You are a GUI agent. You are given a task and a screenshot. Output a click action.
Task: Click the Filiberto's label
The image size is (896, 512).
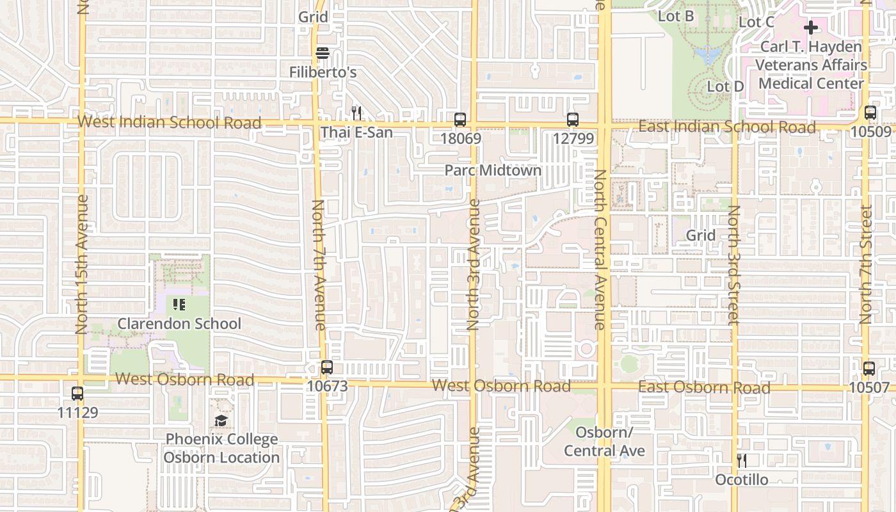tap(323, 72)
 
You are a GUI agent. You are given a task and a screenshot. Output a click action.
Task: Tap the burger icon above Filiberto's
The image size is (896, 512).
tap(323, 53)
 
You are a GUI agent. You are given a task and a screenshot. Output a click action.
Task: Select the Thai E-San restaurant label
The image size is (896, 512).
tap(356, 132)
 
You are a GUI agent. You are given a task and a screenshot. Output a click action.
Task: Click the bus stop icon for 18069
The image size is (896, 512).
tap(460, 120)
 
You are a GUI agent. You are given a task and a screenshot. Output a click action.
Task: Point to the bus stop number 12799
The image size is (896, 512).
tap(573, 138)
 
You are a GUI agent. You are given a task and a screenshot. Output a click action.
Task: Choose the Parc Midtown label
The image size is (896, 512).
tap(493, 170)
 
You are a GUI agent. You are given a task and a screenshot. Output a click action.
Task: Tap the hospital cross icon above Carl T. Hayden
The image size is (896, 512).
tap(811, 28)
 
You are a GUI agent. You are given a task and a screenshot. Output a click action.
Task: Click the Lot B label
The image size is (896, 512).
tap(676, 16)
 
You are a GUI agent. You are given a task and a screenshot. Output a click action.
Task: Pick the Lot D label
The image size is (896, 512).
tap(725, 86)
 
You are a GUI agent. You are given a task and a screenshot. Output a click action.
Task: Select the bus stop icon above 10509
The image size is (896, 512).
tap(870, 113)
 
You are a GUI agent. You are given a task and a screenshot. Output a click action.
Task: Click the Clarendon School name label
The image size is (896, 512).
tap(179, 323)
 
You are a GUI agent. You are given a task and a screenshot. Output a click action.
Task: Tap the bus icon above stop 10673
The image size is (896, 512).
tap(327, 367)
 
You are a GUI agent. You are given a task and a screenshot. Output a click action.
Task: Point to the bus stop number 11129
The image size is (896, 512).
tap(78, 412)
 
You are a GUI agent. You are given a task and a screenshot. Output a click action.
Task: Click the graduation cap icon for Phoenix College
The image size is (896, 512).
tap(221, 420)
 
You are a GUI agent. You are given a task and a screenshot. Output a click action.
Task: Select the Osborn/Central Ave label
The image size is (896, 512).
tap(604, 442)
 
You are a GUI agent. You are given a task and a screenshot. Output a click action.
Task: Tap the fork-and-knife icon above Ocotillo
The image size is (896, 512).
tap(741, 460)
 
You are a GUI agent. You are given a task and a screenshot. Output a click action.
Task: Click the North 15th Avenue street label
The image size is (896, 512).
tap(81, 264)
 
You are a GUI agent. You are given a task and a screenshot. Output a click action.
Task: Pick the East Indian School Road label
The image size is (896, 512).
tap(727, 127)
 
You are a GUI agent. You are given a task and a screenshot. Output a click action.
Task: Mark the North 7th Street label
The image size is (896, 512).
tap(866, 264)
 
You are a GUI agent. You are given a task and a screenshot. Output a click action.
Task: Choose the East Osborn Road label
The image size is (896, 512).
tap(704, 388)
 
